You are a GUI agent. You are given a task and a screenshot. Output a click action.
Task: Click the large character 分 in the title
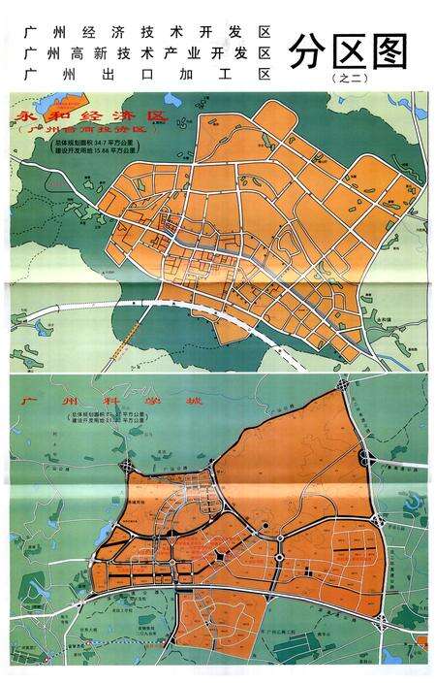(309, 50)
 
